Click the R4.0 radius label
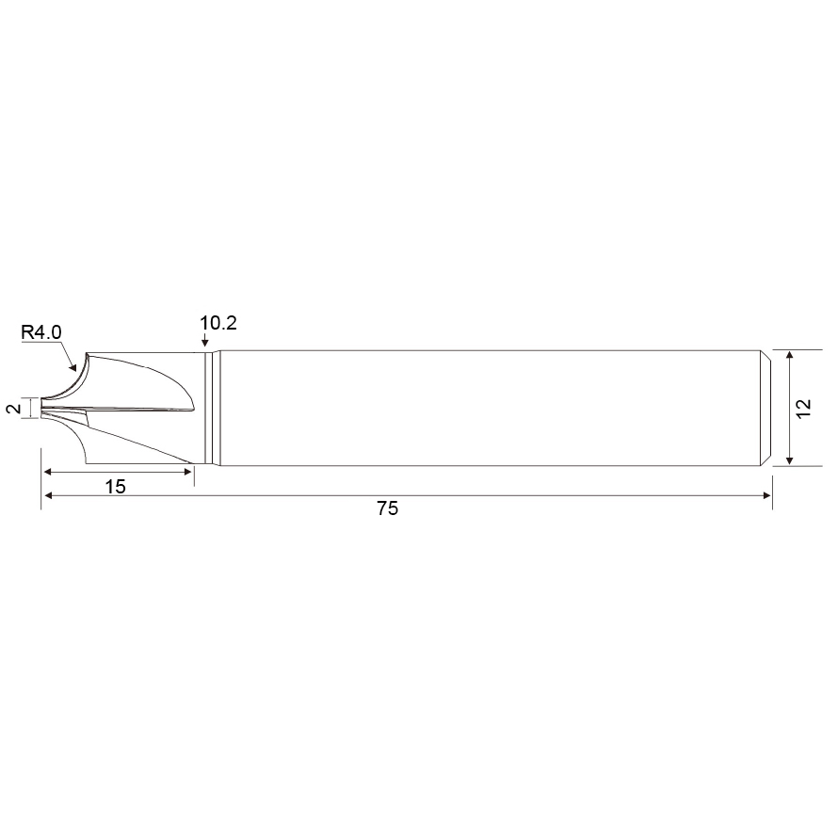(x=41, y=332)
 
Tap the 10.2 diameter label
(x=218, y=323)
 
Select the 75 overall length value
(x=388, y=508)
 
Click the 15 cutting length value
(x=116, y=487)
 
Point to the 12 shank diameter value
(x=803, y=409)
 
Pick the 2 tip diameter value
(x=14, y=409)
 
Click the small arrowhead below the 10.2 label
(x=204, y=342)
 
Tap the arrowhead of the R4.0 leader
(x=73, y=366)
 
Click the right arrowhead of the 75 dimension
(x=767, y=495)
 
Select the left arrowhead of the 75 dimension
(x=47, y=495)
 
